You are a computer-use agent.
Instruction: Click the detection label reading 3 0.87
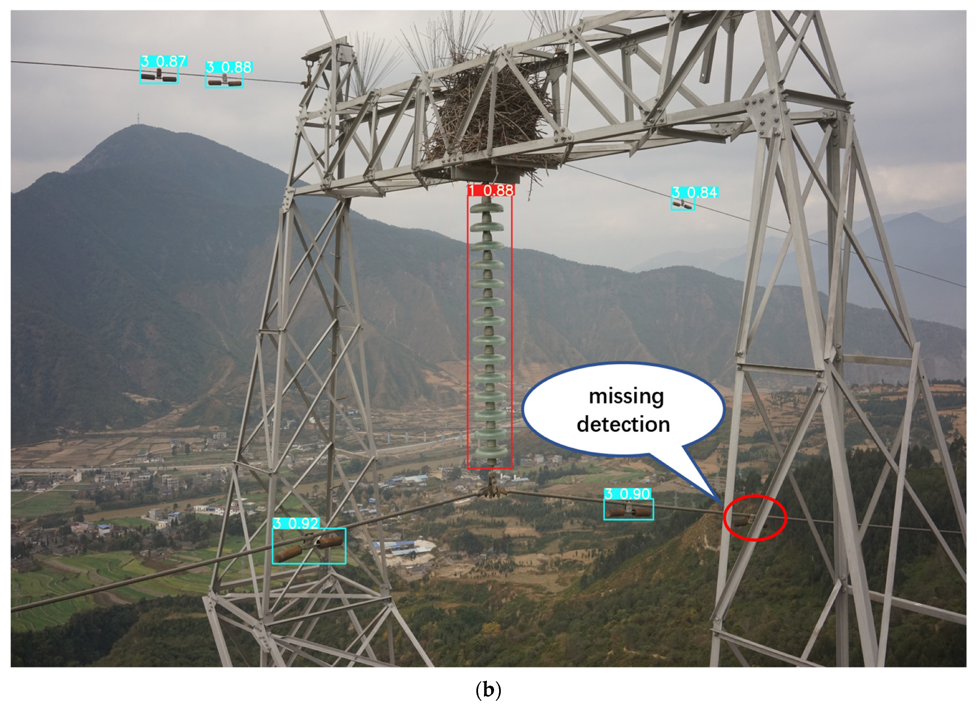click(164, 61)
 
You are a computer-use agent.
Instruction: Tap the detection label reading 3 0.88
click(228, 67)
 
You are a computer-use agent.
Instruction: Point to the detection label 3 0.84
click(694, 193)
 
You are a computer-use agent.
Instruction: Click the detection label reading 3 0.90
click(627, 494)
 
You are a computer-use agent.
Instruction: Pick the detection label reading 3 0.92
click(296, 523)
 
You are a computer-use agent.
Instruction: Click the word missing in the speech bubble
click(626, 396)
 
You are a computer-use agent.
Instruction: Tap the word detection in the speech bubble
click(623, 424)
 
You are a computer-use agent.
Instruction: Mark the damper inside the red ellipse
click(747, 520)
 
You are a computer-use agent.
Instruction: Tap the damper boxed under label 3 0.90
click(628, 511)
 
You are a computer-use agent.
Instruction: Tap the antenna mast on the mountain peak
click(138, 118)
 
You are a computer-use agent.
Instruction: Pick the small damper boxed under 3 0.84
click(683, 204)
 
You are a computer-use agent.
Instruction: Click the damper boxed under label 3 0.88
click(224, 81)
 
